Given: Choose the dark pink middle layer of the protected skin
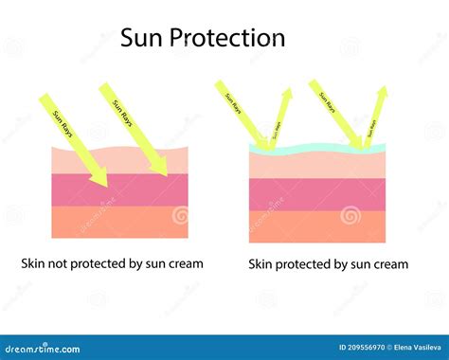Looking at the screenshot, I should tap(317, 194).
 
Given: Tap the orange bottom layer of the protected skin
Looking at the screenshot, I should tap(317, 225).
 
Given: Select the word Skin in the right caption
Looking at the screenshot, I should tap(263, 264).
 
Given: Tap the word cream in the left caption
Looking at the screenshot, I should tap(184, 263).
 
